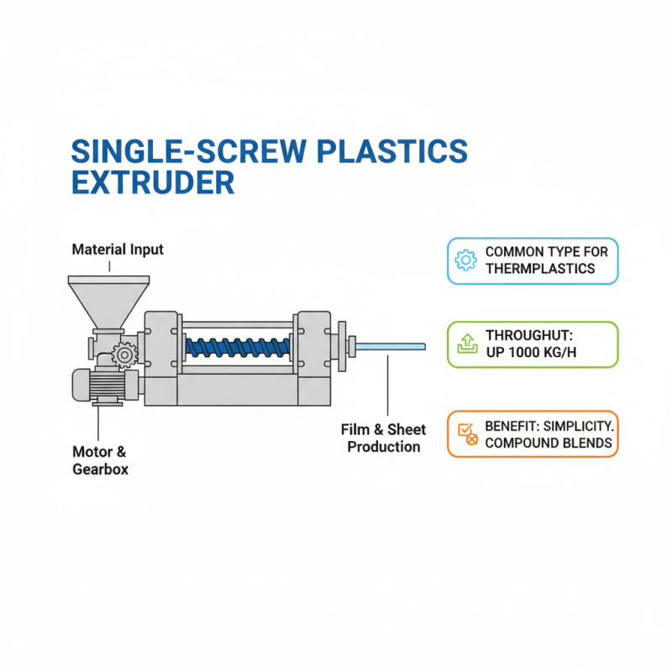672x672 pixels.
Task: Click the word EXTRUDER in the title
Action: pos(152,182)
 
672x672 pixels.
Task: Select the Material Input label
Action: pos(118,249)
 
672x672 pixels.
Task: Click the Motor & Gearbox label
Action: pos(100,461)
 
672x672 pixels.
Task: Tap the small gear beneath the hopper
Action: pos(124,355)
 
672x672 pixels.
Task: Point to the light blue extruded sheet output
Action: pos(391,345)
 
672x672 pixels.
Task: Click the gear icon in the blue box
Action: pos(465,260)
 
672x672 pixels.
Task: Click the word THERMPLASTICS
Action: pos(540,269)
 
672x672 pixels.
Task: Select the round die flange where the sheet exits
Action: pos(344,345)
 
